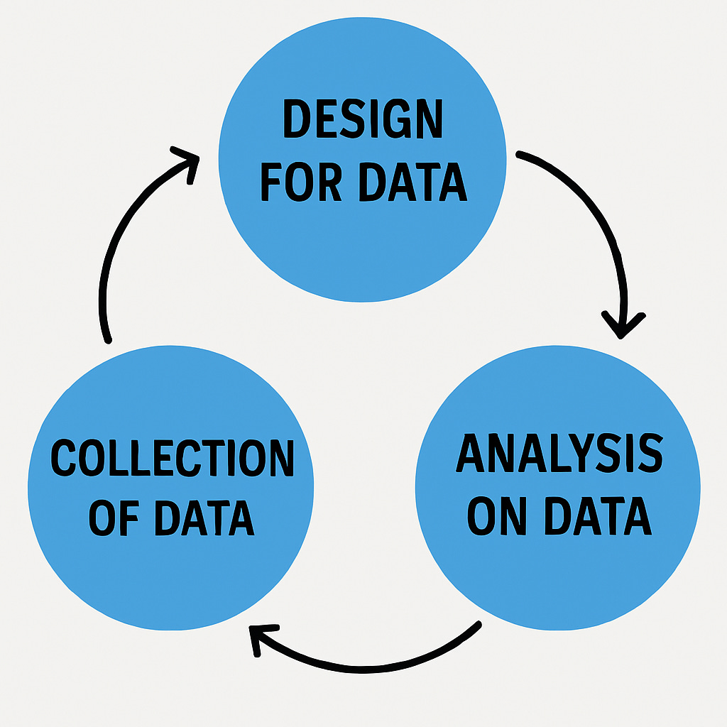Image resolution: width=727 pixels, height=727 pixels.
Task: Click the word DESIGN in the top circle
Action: coord(363,121)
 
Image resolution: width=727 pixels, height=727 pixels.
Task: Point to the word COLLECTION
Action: coord(173,458)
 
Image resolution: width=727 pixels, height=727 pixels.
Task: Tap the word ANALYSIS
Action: coord(559,454)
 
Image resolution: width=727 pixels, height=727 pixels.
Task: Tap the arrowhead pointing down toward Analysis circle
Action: coord(623,325)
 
